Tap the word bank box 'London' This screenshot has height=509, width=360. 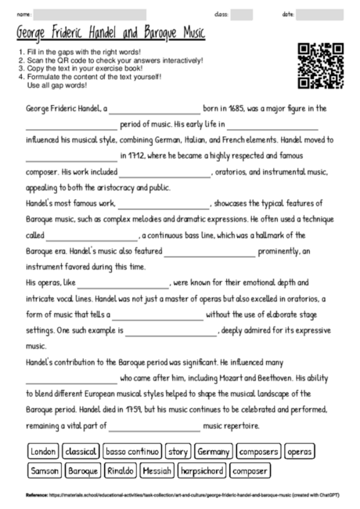click(x=43, y=452)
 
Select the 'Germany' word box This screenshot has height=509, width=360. click(x=214, y=452)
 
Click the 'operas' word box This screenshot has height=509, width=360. click(x=299, y=452)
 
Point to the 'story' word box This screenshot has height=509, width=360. click(x=178, y=452)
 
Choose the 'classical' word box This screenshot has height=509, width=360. click(x=81, y=452)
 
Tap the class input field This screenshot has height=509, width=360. click(x=241, y=15)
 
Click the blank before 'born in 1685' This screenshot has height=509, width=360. click(x=159, y=110)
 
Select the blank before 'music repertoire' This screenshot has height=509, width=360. click(x=154, y=427)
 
